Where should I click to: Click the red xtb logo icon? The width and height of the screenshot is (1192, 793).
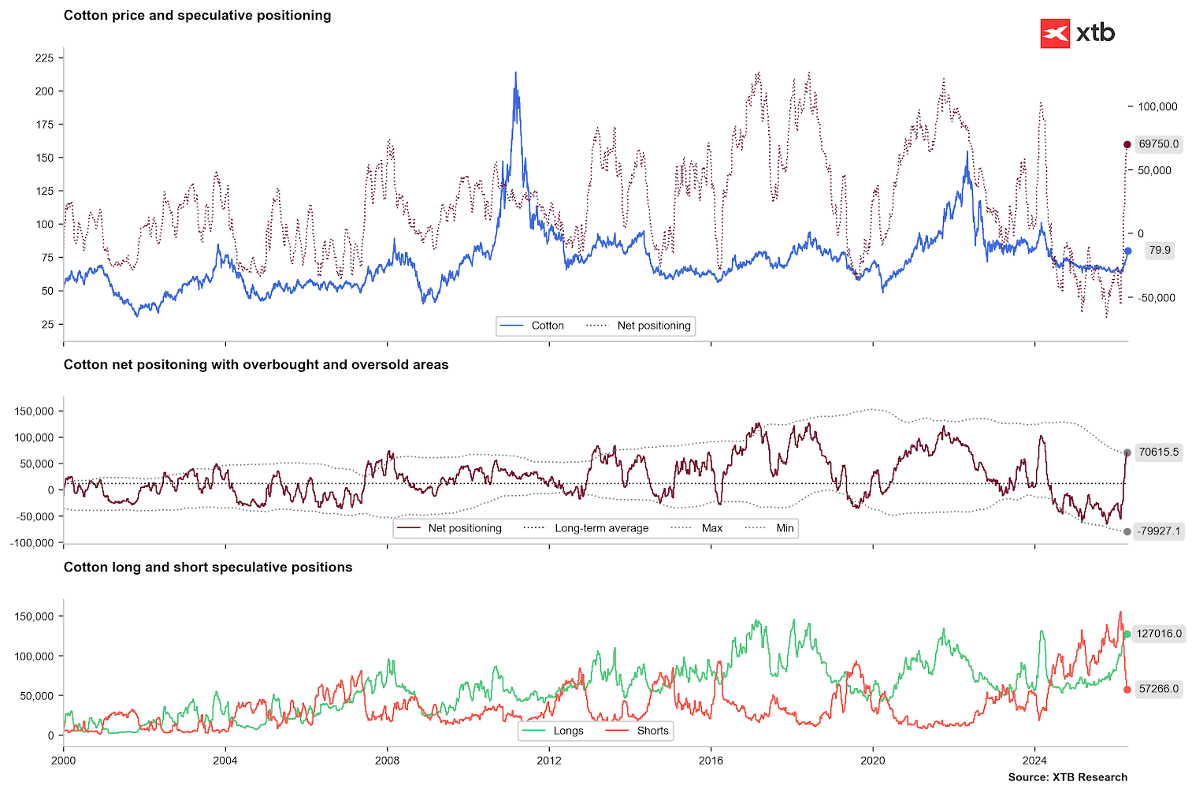pyautogui.click(x=1055, y=34)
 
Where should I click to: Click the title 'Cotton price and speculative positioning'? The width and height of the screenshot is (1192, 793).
pyautogui.click(x=197, y=16)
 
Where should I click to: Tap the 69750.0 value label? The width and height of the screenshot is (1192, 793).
pyautogui.click(x=1158, y=144)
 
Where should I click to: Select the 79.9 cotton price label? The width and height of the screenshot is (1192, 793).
pyautogui.click(x=1159, y=251)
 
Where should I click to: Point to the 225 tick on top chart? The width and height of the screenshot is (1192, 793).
pyautogui.click(x=44, y=58)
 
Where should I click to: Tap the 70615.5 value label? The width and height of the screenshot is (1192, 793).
pyautogui.click(x=1158, y=452)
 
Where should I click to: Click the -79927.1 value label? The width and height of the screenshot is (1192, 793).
pyautogui.click(x=1158, y=531)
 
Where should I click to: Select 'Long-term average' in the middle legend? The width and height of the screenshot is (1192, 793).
pyautogui.click(x=601, y=528)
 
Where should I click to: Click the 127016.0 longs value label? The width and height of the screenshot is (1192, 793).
pyautogui.click(x=1159, y=634)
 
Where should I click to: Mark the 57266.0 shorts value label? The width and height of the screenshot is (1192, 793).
pyautogui.click(x=1158, y=689)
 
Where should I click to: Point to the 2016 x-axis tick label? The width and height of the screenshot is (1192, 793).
pyautogui.click(x=711, y=761)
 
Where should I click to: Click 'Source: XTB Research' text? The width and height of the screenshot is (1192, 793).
pyautogui.click(x=1067, y=777)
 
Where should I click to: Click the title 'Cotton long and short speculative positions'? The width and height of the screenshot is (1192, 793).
pyautogui.click(x=208, y=568)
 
